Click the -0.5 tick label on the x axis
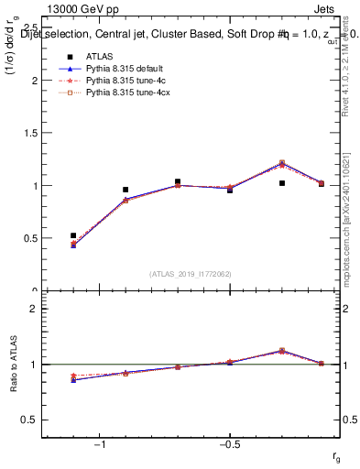click(x=229, y=444)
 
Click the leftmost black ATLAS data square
click(x=73, y=235)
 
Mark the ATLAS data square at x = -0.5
click(x=230, y=190)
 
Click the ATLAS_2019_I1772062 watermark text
click(x=191, y=273)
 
